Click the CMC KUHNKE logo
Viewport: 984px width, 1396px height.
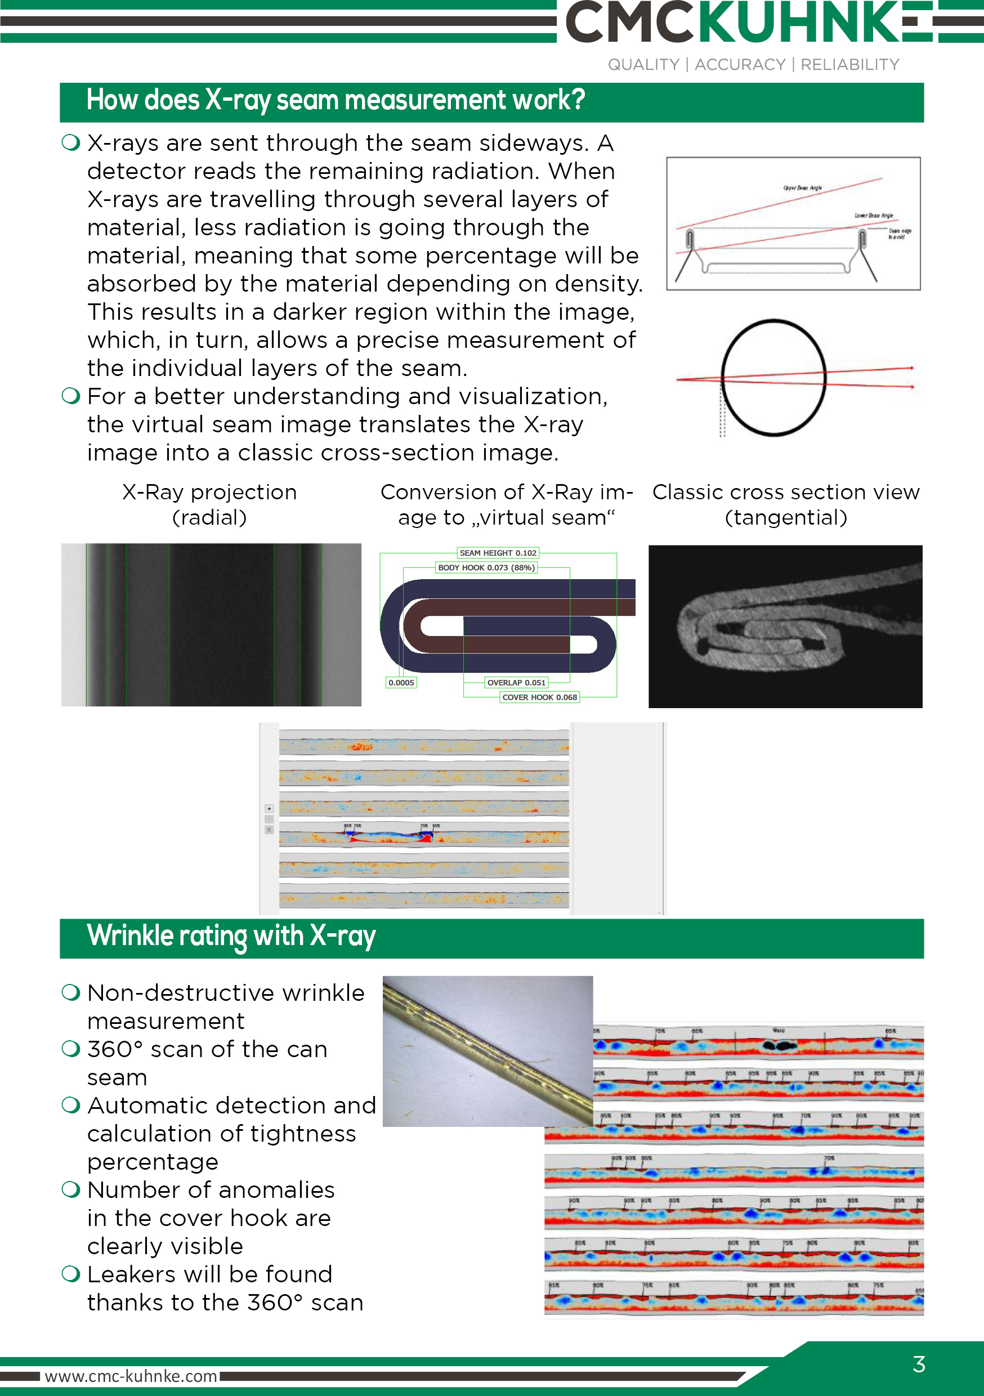pos(748,23)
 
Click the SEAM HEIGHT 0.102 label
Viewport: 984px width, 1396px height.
pos(498,553)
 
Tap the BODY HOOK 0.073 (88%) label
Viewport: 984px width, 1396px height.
pos(486,567)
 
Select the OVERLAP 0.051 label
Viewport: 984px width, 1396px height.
pos(516,682)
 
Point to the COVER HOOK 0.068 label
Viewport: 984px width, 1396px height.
pos(539,697)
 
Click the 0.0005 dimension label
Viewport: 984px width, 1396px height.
pos(401,682)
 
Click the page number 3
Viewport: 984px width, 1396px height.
pos(918,1364)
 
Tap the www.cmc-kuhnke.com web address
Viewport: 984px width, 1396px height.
pos(131,1376)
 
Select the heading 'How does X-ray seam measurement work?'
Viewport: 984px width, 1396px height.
pos(335,101)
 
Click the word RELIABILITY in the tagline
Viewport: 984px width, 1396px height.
pos(849,64)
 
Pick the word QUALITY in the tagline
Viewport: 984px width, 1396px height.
pos(643,64)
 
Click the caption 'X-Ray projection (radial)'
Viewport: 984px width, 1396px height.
pos(209,504)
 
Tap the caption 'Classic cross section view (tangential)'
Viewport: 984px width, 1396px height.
pos(786,504)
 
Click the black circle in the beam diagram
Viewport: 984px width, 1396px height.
pos(773,378)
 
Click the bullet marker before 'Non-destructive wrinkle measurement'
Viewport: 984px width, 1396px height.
pos(71,992)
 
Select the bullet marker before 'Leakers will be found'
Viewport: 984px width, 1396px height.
pos(71,1273)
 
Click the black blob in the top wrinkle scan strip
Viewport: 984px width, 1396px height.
pos(779,1045)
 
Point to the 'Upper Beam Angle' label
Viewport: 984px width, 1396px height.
pos(802,188)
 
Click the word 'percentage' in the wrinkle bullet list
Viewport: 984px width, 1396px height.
pos(153,1161)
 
